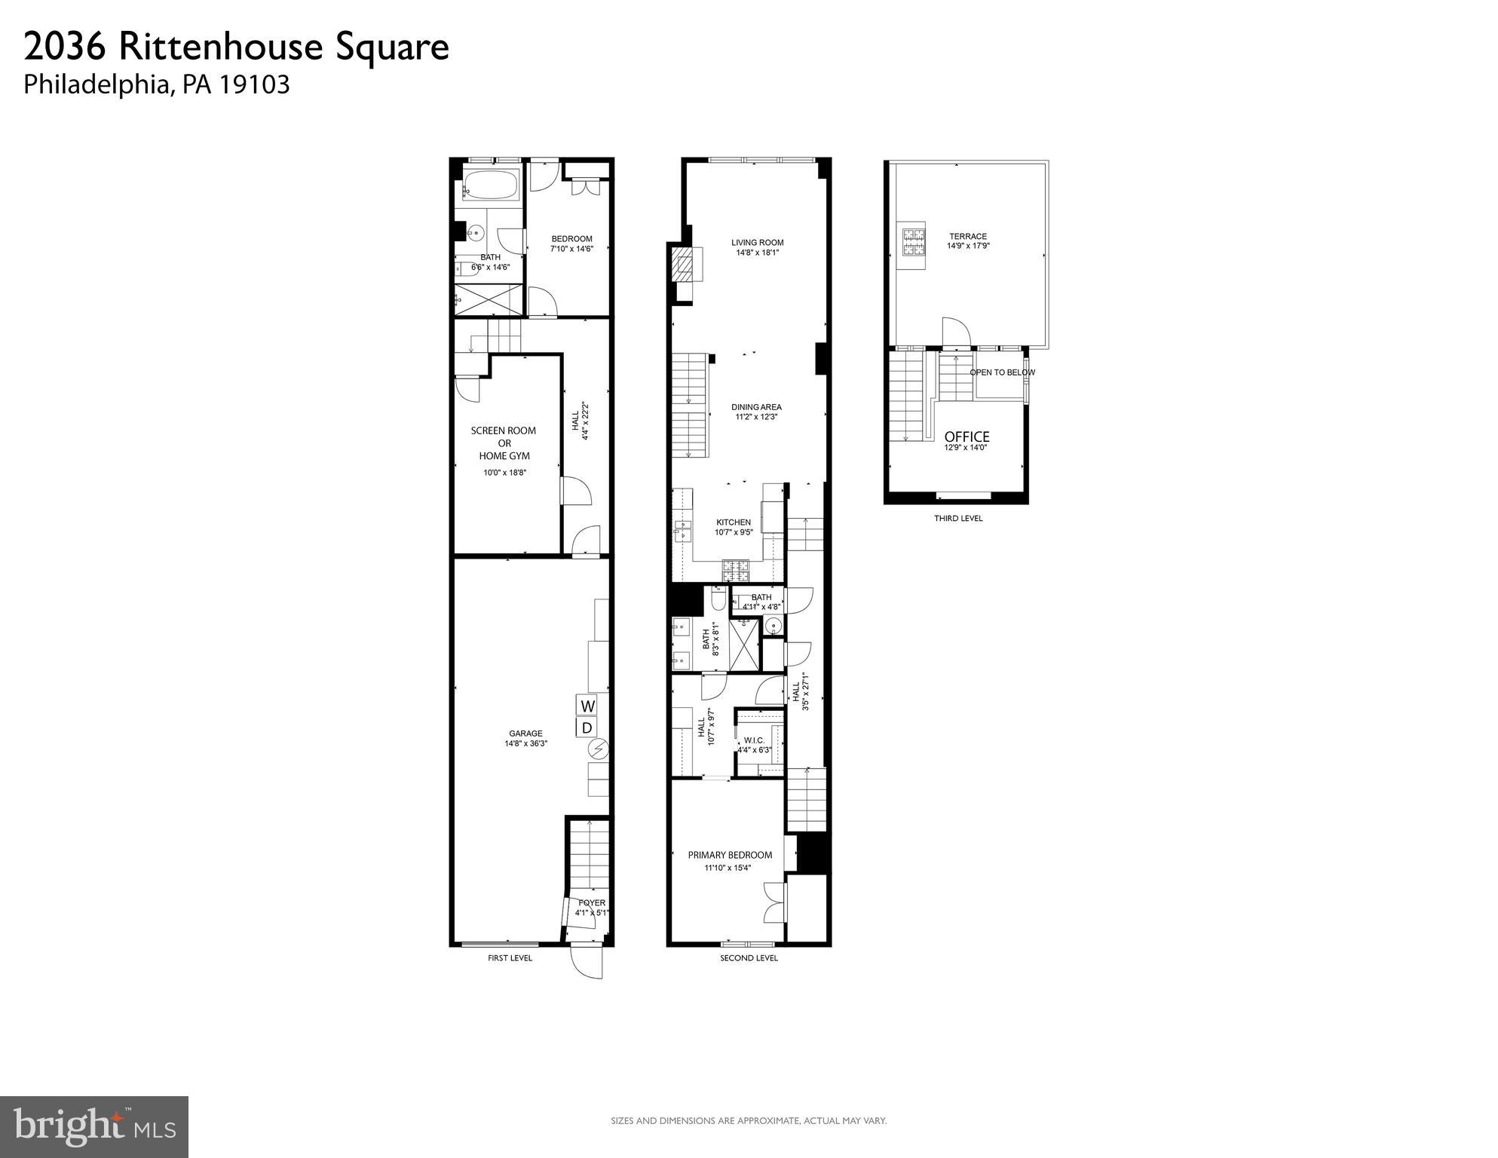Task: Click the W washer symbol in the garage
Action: tap(587, 706)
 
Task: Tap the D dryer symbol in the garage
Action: tap(587, 728)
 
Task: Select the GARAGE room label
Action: tap(525, 734)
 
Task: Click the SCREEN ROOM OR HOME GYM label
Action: tap(504, 443)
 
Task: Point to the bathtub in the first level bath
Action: tap(491, 185)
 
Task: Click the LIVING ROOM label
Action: tap(757, 243)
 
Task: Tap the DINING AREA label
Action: tap(756, 407)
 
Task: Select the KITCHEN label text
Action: tap(733, 522)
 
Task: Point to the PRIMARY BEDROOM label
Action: tap(730, 855)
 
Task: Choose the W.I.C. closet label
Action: tap(754, 740)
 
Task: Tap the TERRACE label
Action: tap(968, 237)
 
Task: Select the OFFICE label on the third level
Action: tap(967, 437)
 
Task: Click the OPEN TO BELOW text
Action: tap(1002, 372)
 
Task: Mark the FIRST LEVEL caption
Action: tap(510, 958)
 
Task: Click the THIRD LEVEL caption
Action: tap(958, 519)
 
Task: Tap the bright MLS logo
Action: tap(94, 1127)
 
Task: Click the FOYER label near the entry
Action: tap(592, 902)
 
